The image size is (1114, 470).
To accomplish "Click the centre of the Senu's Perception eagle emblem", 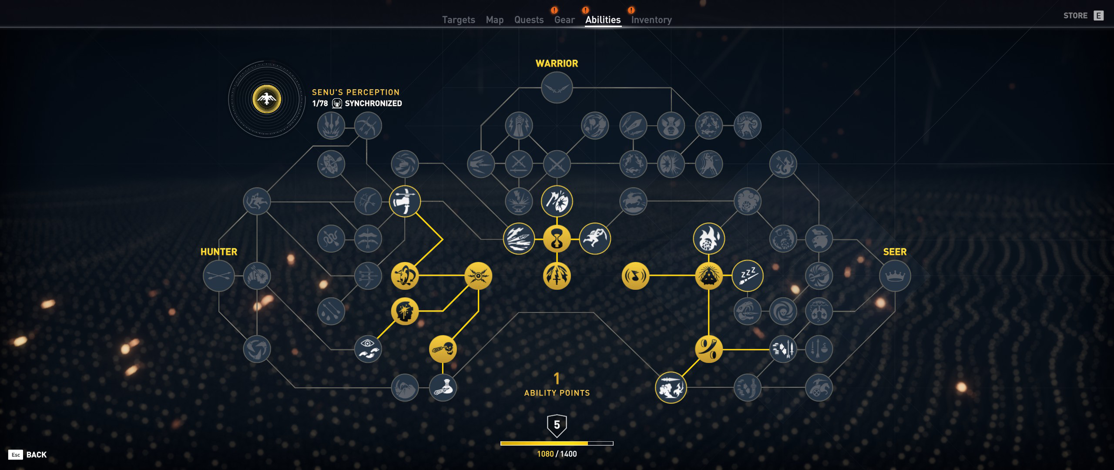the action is (267, 99).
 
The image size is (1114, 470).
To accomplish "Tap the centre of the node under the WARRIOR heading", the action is (557, 88).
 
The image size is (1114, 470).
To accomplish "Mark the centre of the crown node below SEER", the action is (895, 276).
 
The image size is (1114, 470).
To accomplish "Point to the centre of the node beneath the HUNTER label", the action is (218, 276).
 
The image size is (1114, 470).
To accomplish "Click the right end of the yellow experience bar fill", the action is (588, 443).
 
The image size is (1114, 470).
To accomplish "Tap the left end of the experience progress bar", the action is (501, 443).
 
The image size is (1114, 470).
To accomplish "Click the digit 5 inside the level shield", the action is (557, 424).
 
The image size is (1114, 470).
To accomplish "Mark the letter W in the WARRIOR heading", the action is (539, 64).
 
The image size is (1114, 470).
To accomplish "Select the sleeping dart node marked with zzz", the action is (748, 276).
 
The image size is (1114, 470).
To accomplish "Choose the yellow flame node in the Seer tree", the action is (708, 238).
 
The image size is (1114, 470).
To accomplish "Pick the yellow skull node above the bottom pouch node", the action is (443, 349).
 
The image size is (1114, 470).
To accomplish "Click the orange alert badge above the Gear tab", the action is (554, 10).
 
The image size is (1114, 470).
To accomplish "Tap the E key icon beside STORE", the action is (1099, 16).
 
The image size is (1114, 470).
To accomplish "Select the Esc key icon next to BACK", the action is (16, 455).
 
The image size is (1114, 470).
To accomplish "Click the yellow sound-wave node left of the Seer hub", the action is (635, 276).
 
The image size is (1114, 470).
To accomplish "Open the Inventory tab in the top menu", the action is (651, 20).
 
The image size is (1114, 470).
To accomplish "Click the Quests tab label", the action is (529, 20).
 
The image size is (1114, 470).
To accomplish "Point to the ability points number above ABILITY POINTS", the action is (557, 378).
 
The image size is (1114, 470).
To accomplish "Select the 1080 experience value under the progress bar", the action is (545, 454).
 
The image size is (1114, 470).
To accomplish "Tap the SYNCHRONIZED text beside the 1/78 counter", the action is (373, 104).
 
